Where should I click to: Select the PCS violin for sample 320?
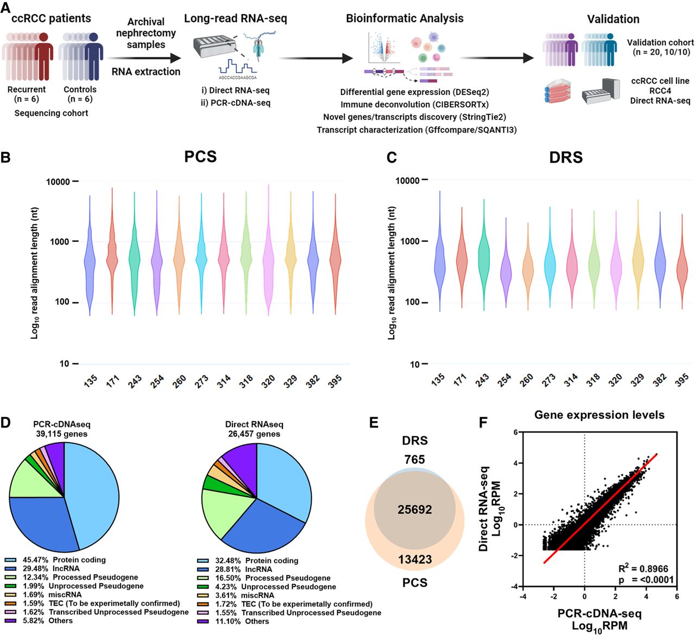[268, 261]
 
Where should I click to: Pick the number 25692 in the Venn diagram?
[414, 510]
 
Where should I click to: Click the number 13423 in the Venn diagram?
[415, 559]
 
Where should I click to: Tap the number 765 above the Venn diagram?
[414, 460]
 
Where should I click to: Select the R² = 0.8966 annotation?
[643, 569]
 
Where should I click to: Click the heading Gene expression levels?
[599, 415]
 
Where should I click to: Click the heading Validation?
[613, 19]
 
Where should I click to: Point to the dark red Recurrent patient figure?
[43, 57]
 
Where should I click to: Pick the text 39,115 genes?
[60, 434]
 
